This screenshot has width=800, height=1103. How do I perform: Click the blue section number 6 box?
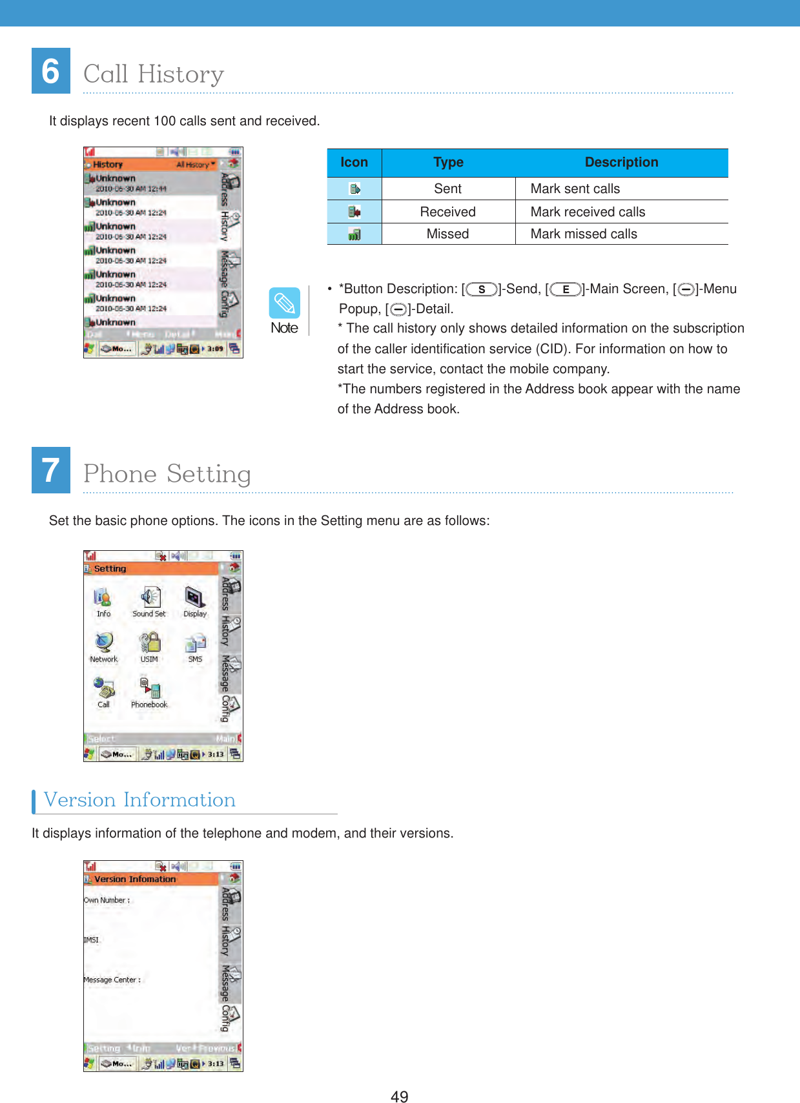pyautogui.click(x=51, y=71)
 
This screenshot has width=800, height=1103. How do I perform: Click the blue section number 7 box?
pyautogui.click(x=51, y=470)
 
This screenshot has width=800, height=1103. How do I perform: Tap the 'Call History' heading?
pyautogui.click(x=154, y=74)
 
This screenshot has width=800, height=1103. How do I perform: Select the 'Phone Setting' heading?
pyautogui.click(x=167, y=474)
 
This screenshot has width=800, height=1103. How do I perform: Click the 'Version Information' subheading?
pyautogui.click(x=139, y=800)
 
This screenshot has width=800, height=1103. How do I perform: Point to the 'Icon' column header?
pyautogui.click(x=354, y=163)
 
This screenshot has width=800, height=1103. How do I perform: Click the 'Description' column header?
pyautogui.click(x=621, y=163)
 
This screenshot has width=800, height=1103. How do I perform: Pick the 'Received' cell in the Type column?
pyautogui.click(x=447, y=212)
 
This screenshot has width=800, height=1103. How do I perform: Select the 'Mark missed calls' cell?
pyautogui.click(x=583, y=234)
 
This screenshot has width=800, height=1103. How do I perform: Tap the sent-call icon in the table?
pyautogui.click(x=354, y=189)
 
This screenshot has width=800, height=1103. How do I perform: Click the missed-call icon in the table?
pyautogui.click(x=354, y=234)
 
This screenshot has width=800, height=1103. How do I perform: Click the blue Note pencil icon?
pyautogui.click(x=284, y=303)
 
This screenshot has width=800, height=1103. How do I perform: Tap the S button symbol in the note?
pyautogui.click(x=482, y=289)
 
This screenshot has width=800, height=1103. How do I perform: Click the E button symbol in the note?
pyautogui.click(x=566, y=289)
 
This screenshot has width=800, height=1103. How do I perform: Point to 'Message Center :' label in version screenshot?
pyautogui.click(x=112, y=980)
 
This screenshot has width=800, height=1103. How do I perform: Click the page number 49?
pyautogui.click(x=399, y=1096)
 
